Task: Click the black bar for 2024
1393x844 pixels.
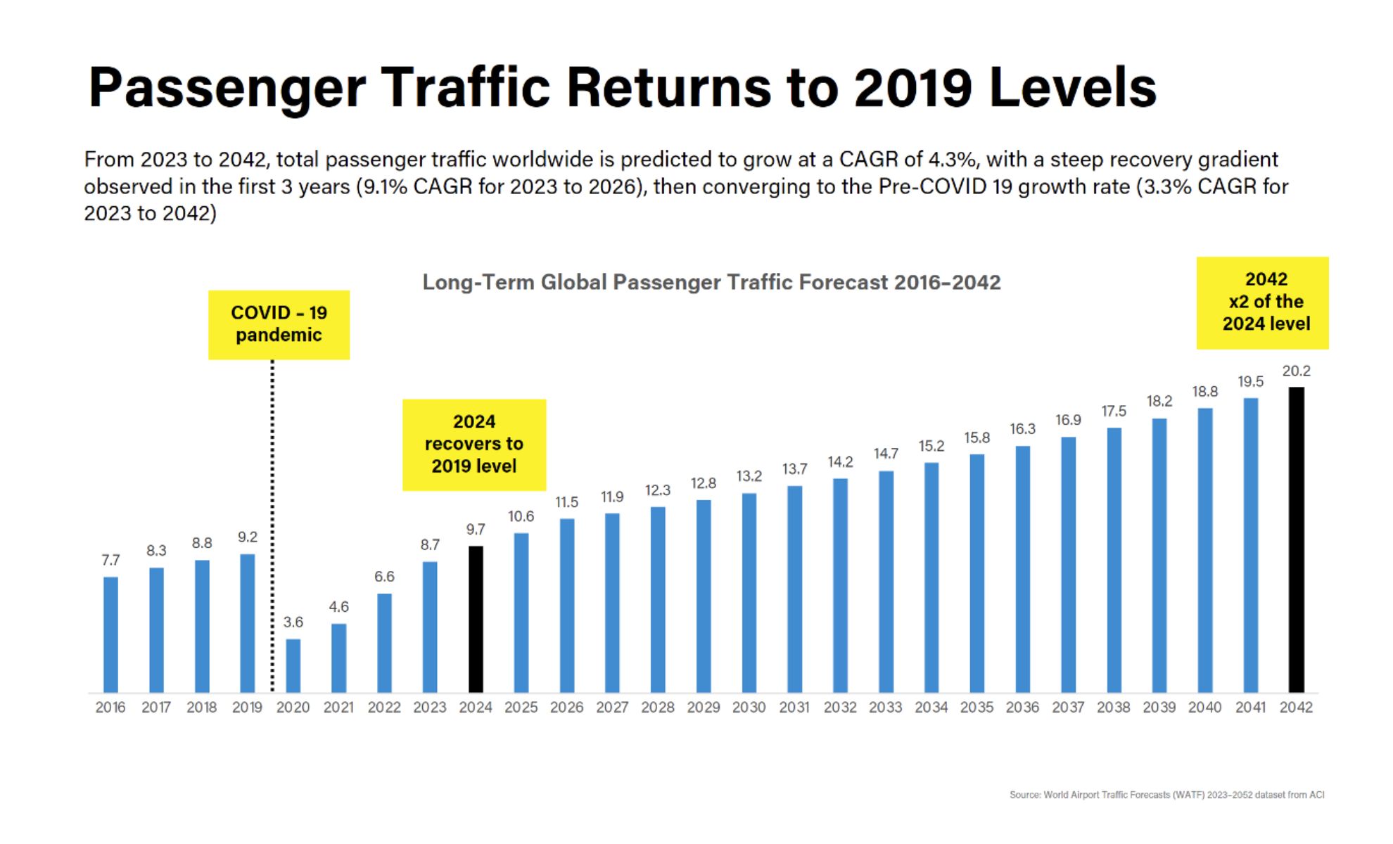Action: click(x=476, y=619)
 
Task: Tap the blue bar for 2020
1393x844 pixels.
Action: click(x=293, y=665)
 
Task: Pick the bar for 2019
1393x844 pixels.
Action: click(x=248, y=623)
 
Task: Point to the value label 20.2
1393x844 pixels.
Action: click(x=1296, y=371)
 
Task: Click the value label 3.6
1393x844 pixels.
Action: click(x=293, y=622)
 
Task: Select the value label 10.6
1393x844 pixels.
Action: click(x=521, y=516)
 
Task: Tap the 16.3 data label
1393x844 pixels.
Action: click(x=1022, y=428)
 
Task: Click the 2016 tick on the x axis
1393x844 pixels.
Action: click(x=110, y=708)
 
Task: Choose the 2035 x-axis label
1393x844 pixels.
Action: click(x=977, y=708)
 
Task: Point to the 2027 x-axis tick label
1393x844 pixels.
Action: click(x=612, y=708)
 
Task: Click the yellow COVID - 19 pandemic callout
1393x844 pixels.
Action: click(x=279, y=324)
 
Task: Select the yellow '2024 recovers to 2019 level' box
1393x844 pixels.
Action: click(x=474, y=444)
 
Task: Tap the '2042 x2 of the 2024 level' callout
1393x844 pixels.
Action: click(x=1263, y=302)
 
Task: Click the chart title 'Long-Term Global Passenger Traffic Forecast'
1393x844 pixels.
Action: click(x=711, y=282)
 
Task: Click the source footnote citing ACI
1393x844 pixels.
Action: click(x=1166, y=795)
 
